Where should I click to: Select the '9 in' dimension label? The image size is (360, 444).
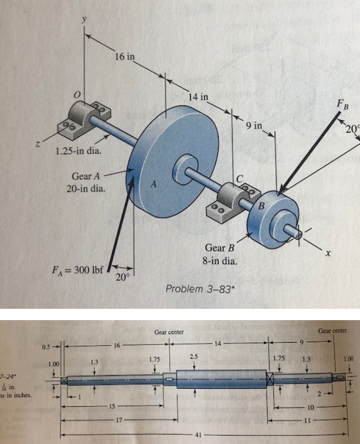[x=254, y=126]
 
